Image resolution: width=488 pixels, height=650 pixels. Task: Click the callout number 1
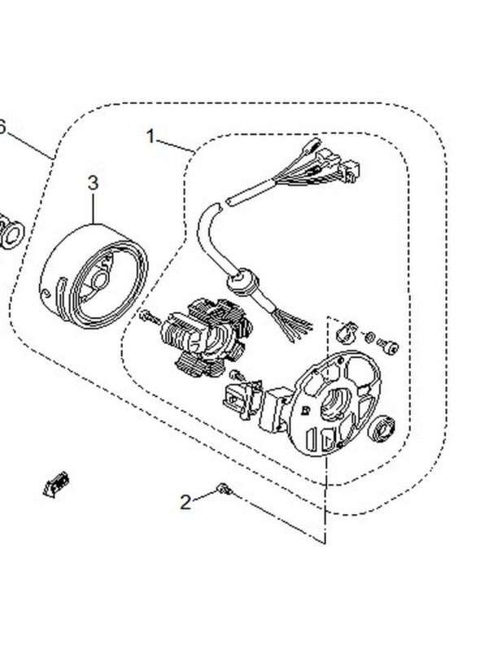tap(150, 136)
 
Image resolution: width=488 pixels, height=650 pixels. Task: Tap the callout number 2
tap(185, 501)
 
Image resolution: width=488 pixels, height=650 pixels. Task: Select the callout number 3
tap(93, 182)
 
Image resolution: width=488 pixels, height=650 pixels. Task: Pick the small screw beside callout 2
tap(222, 489)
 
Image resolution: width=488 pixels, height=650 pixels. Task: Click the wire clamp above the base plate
tap(344, 332)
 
